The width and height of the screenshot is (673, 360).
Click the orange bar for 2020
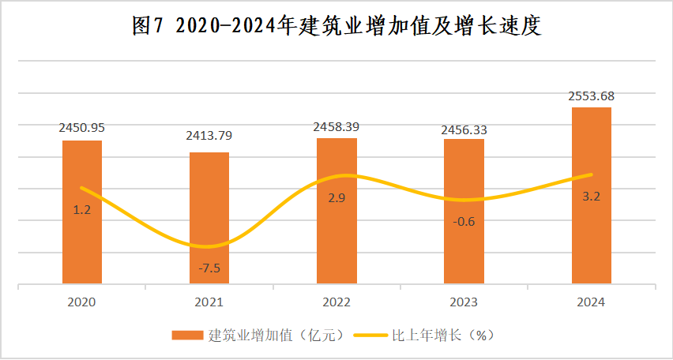(82, 237)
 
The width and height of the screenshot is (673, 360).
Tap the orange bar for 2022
(336, 237)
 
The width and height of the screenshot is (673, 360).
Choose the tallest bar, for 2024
(591, 229)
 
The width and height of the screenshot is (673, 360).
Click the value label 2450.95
(82, 127)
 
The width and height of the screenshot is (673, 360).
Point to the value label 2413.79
(209, 136)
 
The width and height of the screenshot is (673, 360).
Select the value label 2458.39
(336, 126)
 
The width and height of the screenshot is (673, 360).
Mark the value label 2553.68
(591, 96)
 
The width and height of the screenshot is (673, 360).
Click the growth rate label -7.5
(209, 268)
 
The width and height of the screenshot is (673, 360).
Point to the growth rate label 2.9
(336, 197)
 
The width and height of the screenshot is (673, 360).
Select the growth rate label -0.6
(464, 222)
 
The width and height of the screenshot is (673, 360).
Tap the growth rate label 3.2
(591, 197)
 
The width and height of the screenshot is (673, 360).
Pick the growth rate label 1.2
(82, 210)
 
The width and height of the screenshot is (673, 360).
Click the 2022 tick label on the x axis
(336, 302)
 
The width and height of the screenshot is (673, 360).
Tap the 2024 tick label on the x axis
(591, 302)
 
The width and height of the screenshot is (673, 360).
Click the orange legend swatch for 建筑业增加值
(187, 336)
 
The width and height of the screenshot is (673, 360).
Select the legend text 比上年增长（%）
(442, 336)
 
